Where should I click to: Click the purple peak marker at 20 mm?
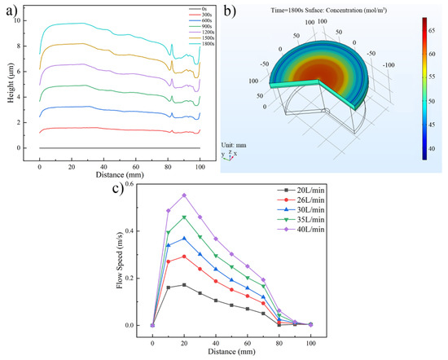coord(184,195)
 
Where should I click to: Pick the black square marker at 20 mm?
coord(184,285)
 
